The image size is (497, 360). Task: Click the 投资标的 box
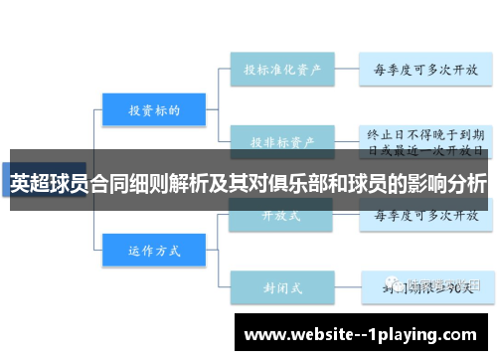point(153,109)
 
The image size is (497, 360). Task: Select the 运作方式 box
point(153,251)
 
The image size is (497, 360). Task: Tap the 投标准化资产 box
point(282,70)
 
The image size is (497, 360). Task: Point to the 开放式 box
point(282,214)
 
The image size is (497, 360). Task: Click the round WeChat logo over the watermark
point(398,284)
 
